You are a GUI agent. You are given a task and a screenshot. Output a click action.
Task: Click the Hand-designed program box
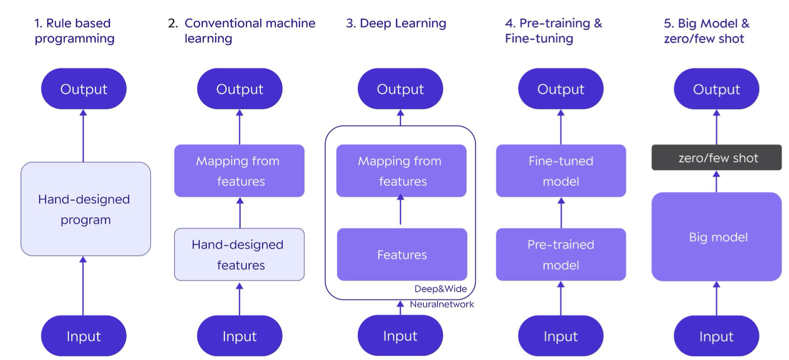[86, 209]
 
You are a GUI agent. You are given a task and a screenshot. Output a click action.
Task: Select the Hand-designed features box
[239, 254]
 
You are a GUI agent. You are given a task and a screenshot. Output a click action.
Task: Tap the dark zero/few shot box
[717, 157]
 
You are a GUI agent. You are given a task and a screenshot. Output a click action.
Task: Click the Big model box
[717, 237]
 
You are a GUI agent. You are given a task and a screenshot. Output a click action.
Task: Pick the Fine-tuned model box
[561, 171]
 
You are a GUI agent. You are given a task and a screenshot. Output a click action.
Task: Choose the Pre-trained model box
[561, 254]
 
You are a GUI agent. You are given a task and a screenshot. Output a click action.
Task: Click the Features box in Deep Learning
[402, 254]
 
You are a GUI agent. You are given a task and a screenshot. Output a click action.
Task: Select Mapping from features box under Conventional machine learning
[239, 171]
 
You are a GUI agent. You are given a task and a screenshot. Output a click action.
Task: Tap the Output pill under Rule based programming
[83, 89]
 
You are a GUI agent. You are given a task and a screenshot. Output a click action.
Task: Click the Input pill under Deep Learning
[400, 336]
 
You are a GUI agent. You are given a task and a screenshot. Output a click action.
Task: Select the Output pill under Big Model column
[717, 89]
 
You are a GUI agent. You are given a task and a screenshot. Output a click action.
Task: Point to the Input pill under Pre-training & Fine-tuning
[561, 336]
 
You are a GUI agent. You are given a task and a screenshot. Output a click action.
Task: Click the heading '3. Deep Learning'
[396, 23]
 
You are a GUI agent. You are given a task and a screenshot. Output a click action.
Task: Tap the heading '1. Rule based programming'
[74, 31]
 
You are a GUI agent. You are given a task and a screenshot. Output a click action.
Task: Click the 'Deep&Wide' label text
[441, 289]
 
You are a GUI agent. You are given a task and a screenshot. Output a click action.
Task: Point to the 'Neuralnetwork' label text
[442, 304]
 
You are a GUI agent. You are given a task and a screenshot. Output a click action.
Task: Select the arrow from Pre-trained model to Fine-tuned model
[561, 213]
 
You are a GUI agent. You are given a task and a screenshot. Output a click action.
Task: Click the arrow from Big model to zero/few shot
[717, 182]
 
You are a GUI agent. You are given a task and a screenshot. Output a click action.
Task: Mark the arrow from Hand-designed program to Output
[83, 136]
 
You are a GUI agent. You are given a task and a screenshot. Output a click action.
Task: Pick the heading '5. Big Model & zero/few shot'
[707, 31]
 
